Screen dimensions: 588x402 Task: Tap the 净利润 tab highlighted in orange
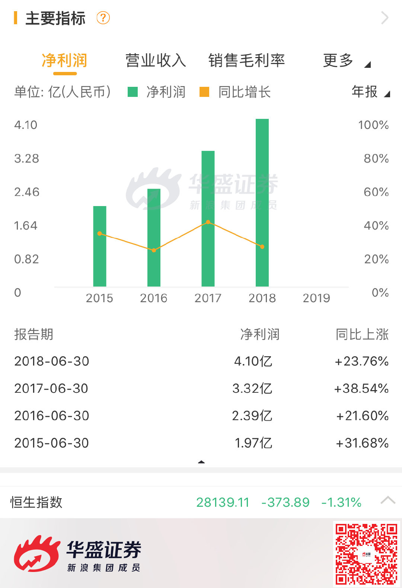click(x=64, y=60)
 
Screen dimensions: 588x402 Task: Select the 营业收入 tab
click(x=156, y=60)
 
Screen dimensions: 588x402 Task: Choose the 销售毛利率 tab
click(x=246, y=60)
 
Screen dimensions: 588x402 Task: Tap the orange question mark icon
click(x=103, y=18)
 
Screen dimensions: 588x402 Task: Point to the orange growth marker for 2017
click(x=208, y=222)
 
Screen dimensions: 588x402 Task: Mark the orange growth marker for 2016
click(x=154, y=250)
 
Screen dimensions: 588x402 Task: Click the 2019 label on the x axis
click(x=316, y=298)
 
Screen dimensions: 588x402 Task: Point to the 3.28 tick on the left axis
click(x=26, y=158)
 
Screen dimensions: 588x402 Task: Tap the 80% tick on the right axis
click(x=376, y=158)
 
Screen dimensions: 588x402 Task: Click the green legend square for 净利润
click(x=133, y=92)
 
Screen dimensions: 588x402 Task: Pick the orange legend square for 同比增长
click(x=204, y=92)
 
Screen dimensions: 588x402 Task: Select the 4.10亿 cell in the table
click(x=253, y=361)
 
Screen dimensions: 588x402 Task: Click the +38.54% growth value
click(x=361, y=388)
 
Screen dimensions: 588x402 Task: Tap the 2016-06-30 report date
click(x=52, y=415)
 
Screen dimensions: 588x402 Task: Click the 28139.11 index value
click(x=223, y=502)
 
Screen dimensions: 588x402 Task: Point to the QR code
click(x=366, y=554)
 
